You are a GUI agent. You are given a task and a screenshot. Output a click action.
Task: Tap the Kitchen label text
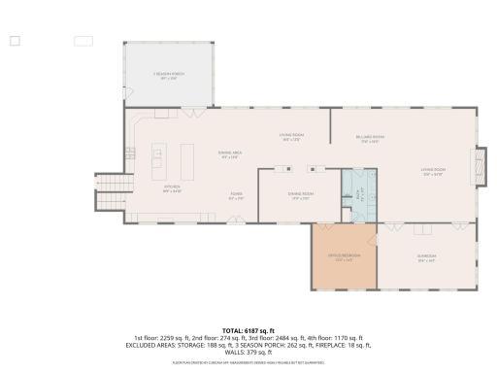tap(172, 188)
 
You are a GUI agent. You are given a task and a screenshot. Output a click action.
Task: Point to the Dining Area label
tap(230, 155)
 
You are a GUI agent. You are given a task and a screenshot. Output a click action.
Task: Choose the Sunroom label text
tap(426, 258)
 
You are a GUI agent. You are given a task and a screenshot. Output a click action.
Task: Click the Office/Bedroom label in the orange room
tap(343, 258)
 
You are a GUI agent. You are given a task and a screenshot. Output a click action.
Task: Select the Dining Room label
tap(300, 195)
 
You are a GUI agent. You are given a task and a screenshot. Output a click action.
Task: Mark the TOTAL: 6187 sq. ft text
tap(248, 331)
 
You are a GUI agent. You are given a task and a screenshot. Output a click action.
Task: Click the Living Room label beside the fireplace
tap(432, 174)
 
